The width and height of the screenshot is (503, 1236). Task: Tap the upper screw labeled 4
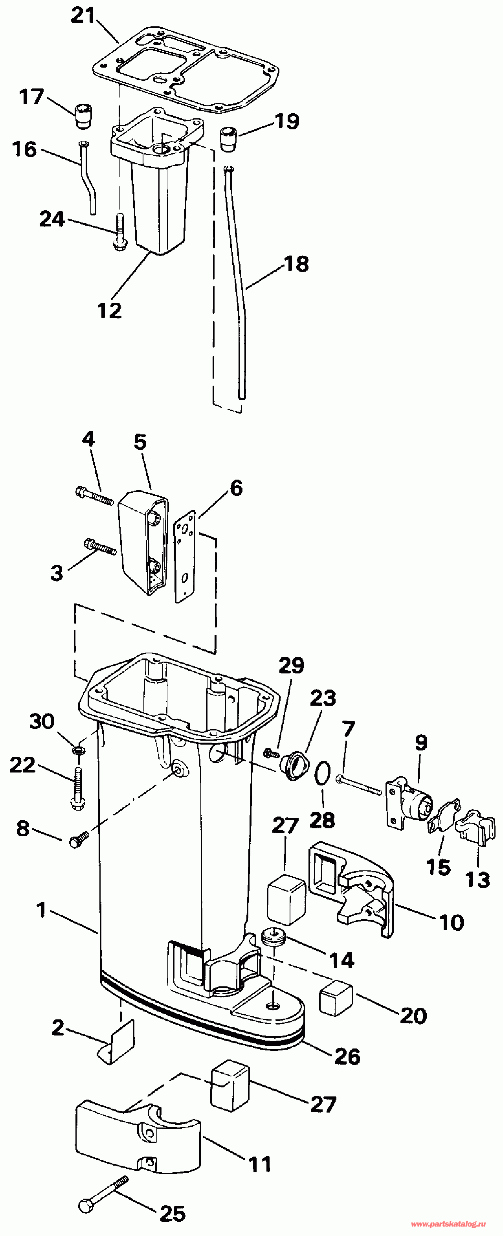click(x=94, y=496)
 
